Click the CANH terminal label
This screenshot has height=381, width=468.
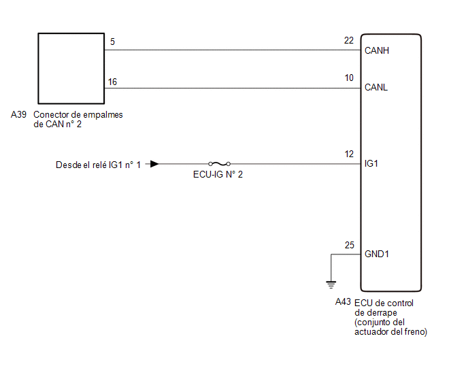[377, 50]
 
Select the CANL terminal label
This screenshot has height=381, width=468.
[376, 88]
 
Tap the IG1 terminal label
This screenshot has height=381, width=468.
[371, 164]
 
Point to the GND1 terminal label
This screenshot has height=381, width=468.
[378, 254]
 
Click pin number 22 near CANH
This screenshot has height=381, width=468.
[349, 41]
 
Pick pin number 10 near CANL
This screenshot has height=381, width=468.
[349, 78]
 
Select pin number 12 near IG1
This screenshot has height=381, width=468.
[349, 154]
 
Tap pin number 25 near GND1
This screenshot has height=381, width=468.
[349, 245]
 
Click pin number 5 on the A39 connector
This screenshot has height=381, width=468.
[112, 42]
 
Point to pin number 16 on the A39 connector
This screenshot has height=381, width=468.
[113, 82]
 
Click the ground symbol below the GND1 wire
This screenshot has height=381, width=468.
[331, 283]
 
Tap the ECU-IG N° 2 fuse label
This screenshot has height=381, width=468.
[218, 175]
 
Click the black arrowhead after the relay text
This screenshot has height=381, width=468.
[156, 164]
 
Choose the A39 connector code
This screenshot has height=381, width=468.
[19, 115]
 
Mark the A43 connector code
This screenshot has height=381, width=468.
[344, 302]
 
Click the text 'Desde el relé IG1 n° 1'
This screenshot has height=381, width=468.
[99, 165]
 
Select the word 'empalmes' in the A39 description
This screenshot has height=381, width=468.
[105, 115]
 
